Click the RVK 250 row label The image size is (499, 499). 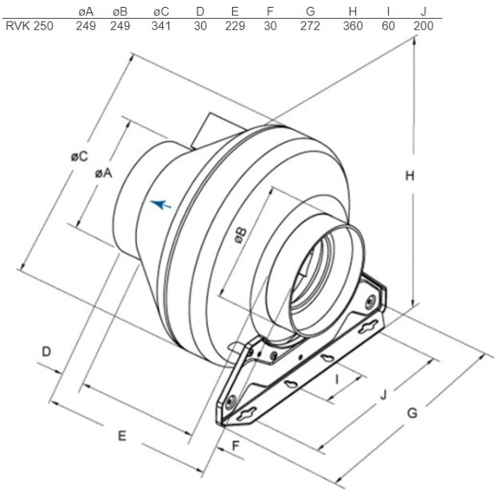tap(29, 26)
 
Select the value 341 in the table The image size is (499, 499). tap(160, 26)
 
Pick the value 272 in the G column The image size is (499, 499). tap(310, 26)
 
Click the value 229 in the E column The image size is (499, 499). tap(236, 26)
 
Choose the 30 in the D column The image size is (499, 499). tap(200, 26)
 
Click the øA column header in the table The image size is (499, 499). tap(85, 10)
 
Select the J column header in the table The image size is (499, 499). tap(424, 10)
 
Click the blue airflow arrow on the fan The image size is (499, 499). tap(160, 204)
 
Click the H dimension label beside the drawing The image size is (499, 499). tap(408, 176)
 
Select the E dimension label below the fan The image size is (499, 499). tap(121, 436)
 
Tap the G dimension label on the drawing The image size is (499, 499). tap(412, 412)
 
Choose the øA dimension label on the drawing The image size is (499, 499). tap(103, 172)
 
